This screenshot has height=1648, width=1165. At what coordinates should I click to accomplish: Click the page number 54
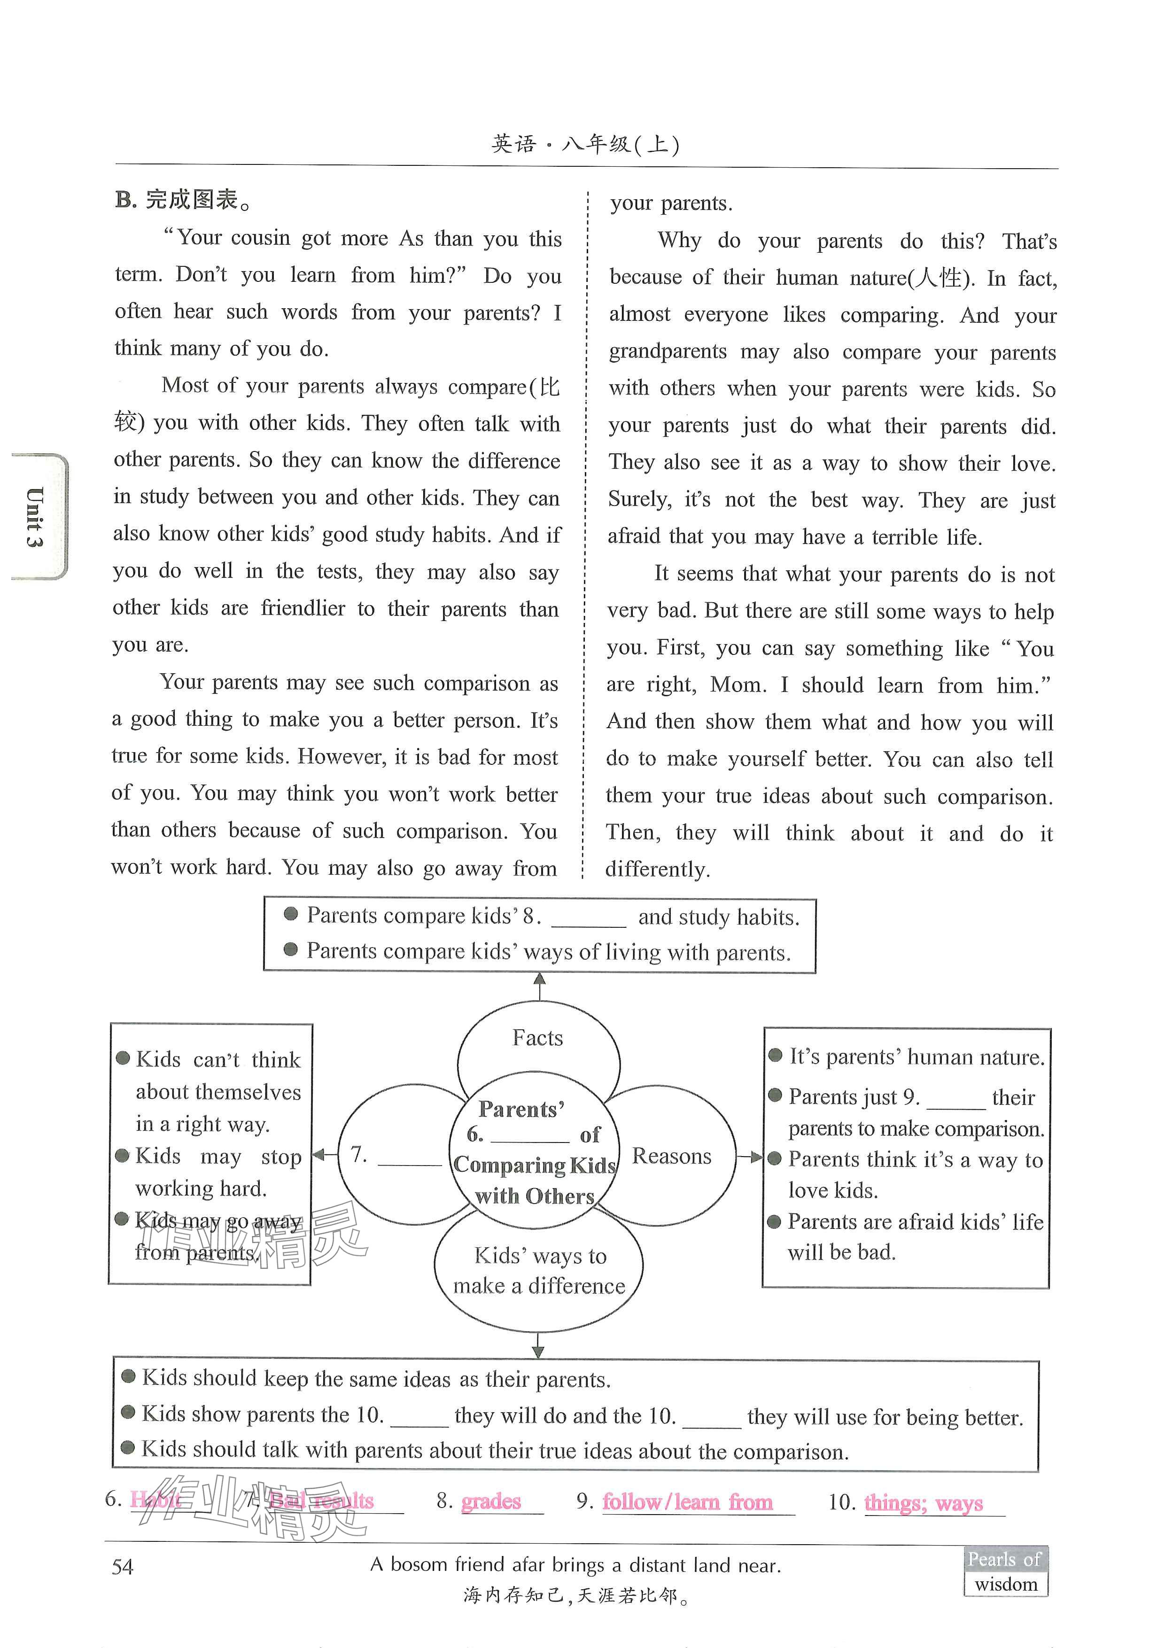[122, 1566]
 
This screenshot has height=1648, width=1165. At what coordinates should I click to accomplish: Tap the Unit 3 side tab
[36, 516]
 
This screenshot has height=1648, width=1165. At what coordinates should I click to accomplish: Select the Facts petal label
[537, 1038]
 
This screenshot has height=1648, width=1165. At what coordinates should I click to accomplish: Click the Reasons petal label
[671, 1156]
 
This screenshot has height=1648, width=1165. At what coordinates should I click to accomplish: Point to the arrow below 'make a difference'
[538, 1345]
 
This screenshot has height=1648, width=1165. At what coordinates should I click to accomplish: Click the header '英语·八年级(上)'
[585, 144]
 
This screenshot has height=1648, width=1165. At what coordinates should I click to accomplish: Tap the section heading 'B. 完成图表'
[184, 200]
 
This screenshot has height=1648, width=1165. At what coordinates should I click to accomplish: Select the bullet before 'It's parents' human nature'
[775, 1055]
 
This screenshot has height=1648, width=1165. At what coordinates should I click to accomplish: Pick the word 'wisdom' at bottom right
[1006, 1584]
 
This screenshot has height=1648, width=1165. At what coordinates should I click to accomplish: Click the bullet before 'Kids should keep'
[129, 1376]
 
